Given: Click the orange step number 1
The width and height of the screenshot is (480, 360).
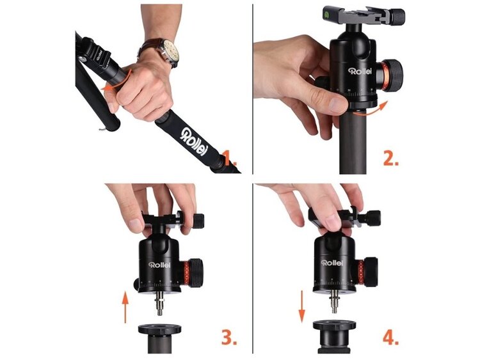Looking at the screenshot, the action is click(x=229, y=158).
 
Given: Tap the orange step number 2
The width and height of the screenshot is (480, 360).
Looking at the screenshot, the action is click(x=391, y=158).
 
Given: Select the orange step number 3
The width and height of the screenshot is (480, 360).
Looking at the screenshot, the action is click(x=229, y=337).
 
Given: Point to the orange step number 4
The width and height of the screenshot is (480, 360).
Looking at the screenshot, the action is click(x=391, y=337).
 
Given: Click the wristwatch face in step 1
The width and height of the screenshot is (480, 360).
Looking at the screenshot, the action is click(x=170, y=51).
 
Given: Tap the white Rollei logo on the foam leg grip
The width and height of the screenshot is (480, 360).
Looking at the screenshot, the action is click(x=194, y=141).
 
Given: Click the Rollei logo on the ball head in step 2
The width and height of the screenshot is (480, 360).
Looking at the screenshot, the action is click(x=360, y=71).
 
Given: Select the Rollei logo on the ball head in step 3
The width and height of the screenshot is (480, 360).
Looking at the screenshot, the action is click(x=159, y=265).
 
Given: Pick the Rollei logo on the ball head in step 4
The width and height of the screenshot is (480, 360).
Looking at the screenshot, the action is click(x=332, y=263).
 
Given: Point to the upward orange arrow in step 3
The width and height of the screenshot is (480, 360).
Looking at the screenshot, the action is click(x=125, y=307).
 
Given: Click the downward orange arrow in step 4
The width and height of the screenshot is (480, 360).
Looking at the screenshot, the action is click(x=302, y=307).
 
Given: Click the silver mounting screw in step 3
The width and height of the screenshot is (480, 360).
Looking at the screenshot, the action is click(x=160, y=304).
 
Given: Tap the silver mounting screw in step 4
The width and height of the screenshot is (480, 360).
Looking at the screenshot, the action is click(x=335, y=302).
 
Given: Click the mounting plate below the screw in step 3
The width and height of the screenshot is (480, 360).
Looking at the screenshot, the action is click(x=159, y=330).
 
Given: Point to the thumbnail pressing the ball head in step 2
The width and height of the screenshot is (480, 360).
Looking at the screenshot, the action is click(x=338, y=105).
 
